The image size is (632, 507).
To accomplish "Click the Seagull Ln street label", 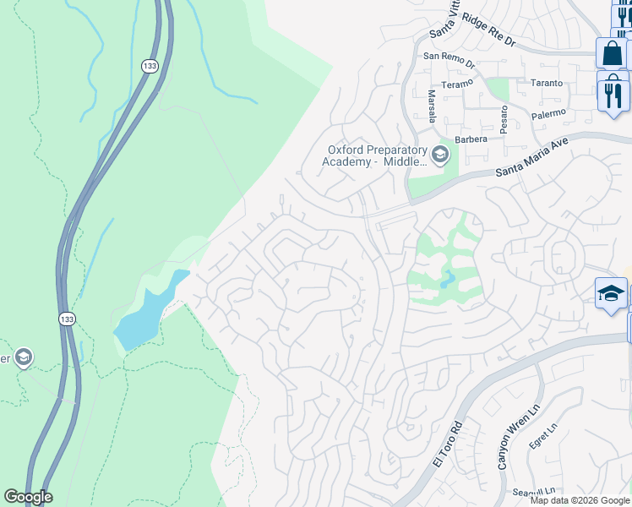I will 533,491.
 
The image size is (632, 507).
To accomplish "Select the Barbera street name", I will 471,139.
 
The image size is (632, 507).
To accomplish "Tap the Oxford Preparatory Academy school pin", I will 439,155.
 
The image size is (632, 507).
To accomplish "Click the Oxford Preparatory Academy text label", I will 377,156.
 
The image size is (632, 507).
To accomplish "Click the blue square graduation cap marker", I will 610,293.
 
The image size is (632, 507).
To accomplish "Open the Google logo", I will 28,496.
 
